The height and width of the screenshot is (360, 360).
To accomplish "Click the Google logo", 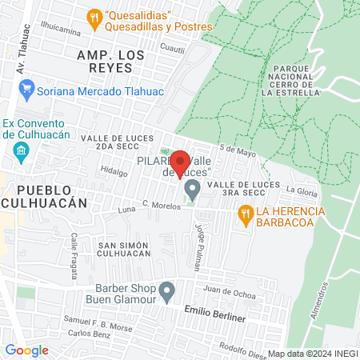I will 26,350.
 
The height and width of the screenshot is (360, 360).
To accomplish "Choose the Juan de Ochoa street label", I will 229,289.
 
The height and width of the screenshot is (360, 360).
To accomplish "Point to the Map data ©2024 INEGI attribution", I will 312,353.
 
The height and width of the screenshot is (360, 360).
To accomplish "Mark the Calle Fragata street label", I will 74,250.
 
